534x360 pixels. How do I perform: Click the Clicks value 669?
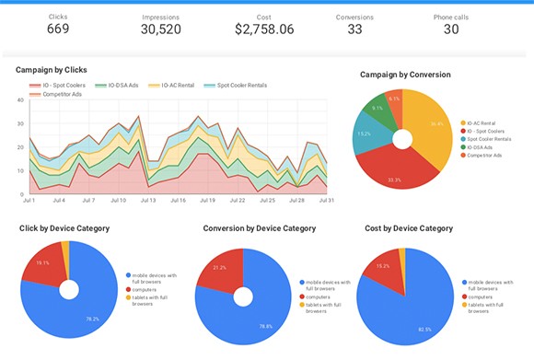point(58,29)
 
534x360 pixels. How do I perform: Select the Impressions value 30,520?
point(160,29)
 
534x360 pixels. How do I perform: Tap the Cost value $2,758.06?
point(264,29)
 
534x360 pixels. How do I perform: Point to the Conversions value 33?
point(354,29)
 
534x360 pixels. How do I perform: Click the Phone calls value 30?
point(451,29)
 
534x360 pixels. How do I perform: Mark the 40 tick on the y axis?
point(19,99)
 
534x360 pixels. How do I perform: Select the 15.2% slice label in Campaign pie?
point(365,134)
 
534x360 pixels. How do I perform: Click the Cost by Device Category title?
point(409,227)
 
